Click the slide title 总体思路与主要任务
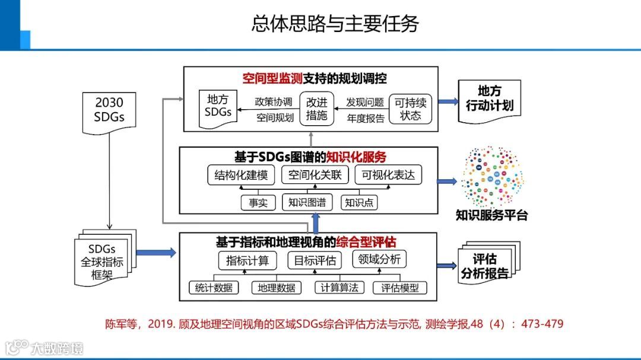coord(335,24)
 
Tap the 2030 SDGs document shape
coord(109,109)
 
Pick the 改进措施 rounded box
coord(316,108)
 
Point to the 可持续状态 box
coord(411,108)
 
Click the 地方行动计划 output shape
coord(490,100)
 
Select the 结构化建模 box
coord(242,175)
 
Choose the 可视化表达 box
coord(388,175)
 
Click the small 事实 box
coord(258,202)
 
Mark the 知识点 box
coord(360,202)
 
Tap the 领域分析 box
coord(379,259)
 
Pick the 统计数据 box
coord(214,288)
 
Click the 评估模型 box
coord(399,288)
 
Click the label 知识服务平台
coord(491,215)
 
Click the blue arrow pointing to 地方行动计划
coord(448,101)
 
